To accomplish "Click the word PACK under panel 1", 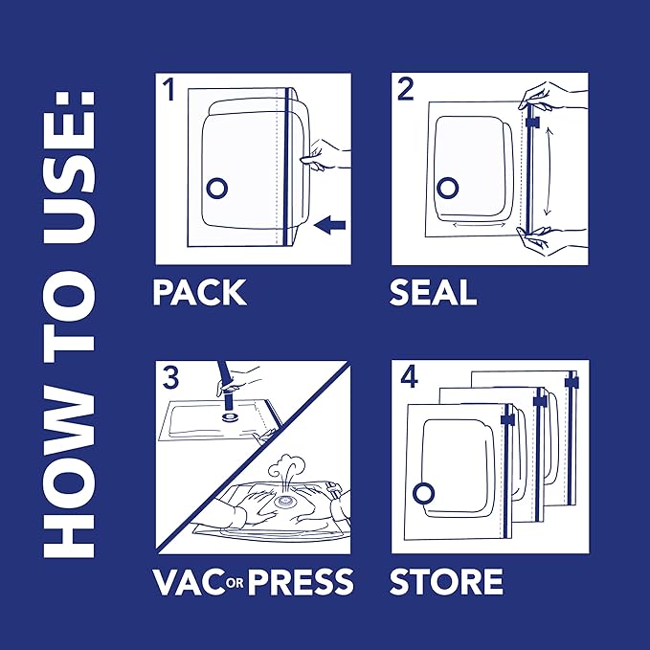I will [x=199, y=292].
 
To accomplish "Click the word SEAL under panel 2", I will [x=433, y=292].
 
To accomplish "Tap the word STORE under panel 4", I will [x=445, y=581].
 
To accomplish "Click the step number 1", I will [x=169, y=92].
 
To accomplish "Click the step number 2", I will [x=406, y=92].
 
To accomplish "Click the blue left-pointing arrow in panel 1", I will [x=329, y=225].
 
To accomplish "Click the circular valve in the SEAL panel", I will [x=447, y=186].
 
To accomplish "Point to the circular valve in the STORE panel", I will [x=422, y=492].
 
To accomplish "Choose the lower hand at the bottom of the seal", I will [x=546, y=244].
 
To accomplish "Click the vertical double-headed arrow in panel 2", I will [x=547, y=172].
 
